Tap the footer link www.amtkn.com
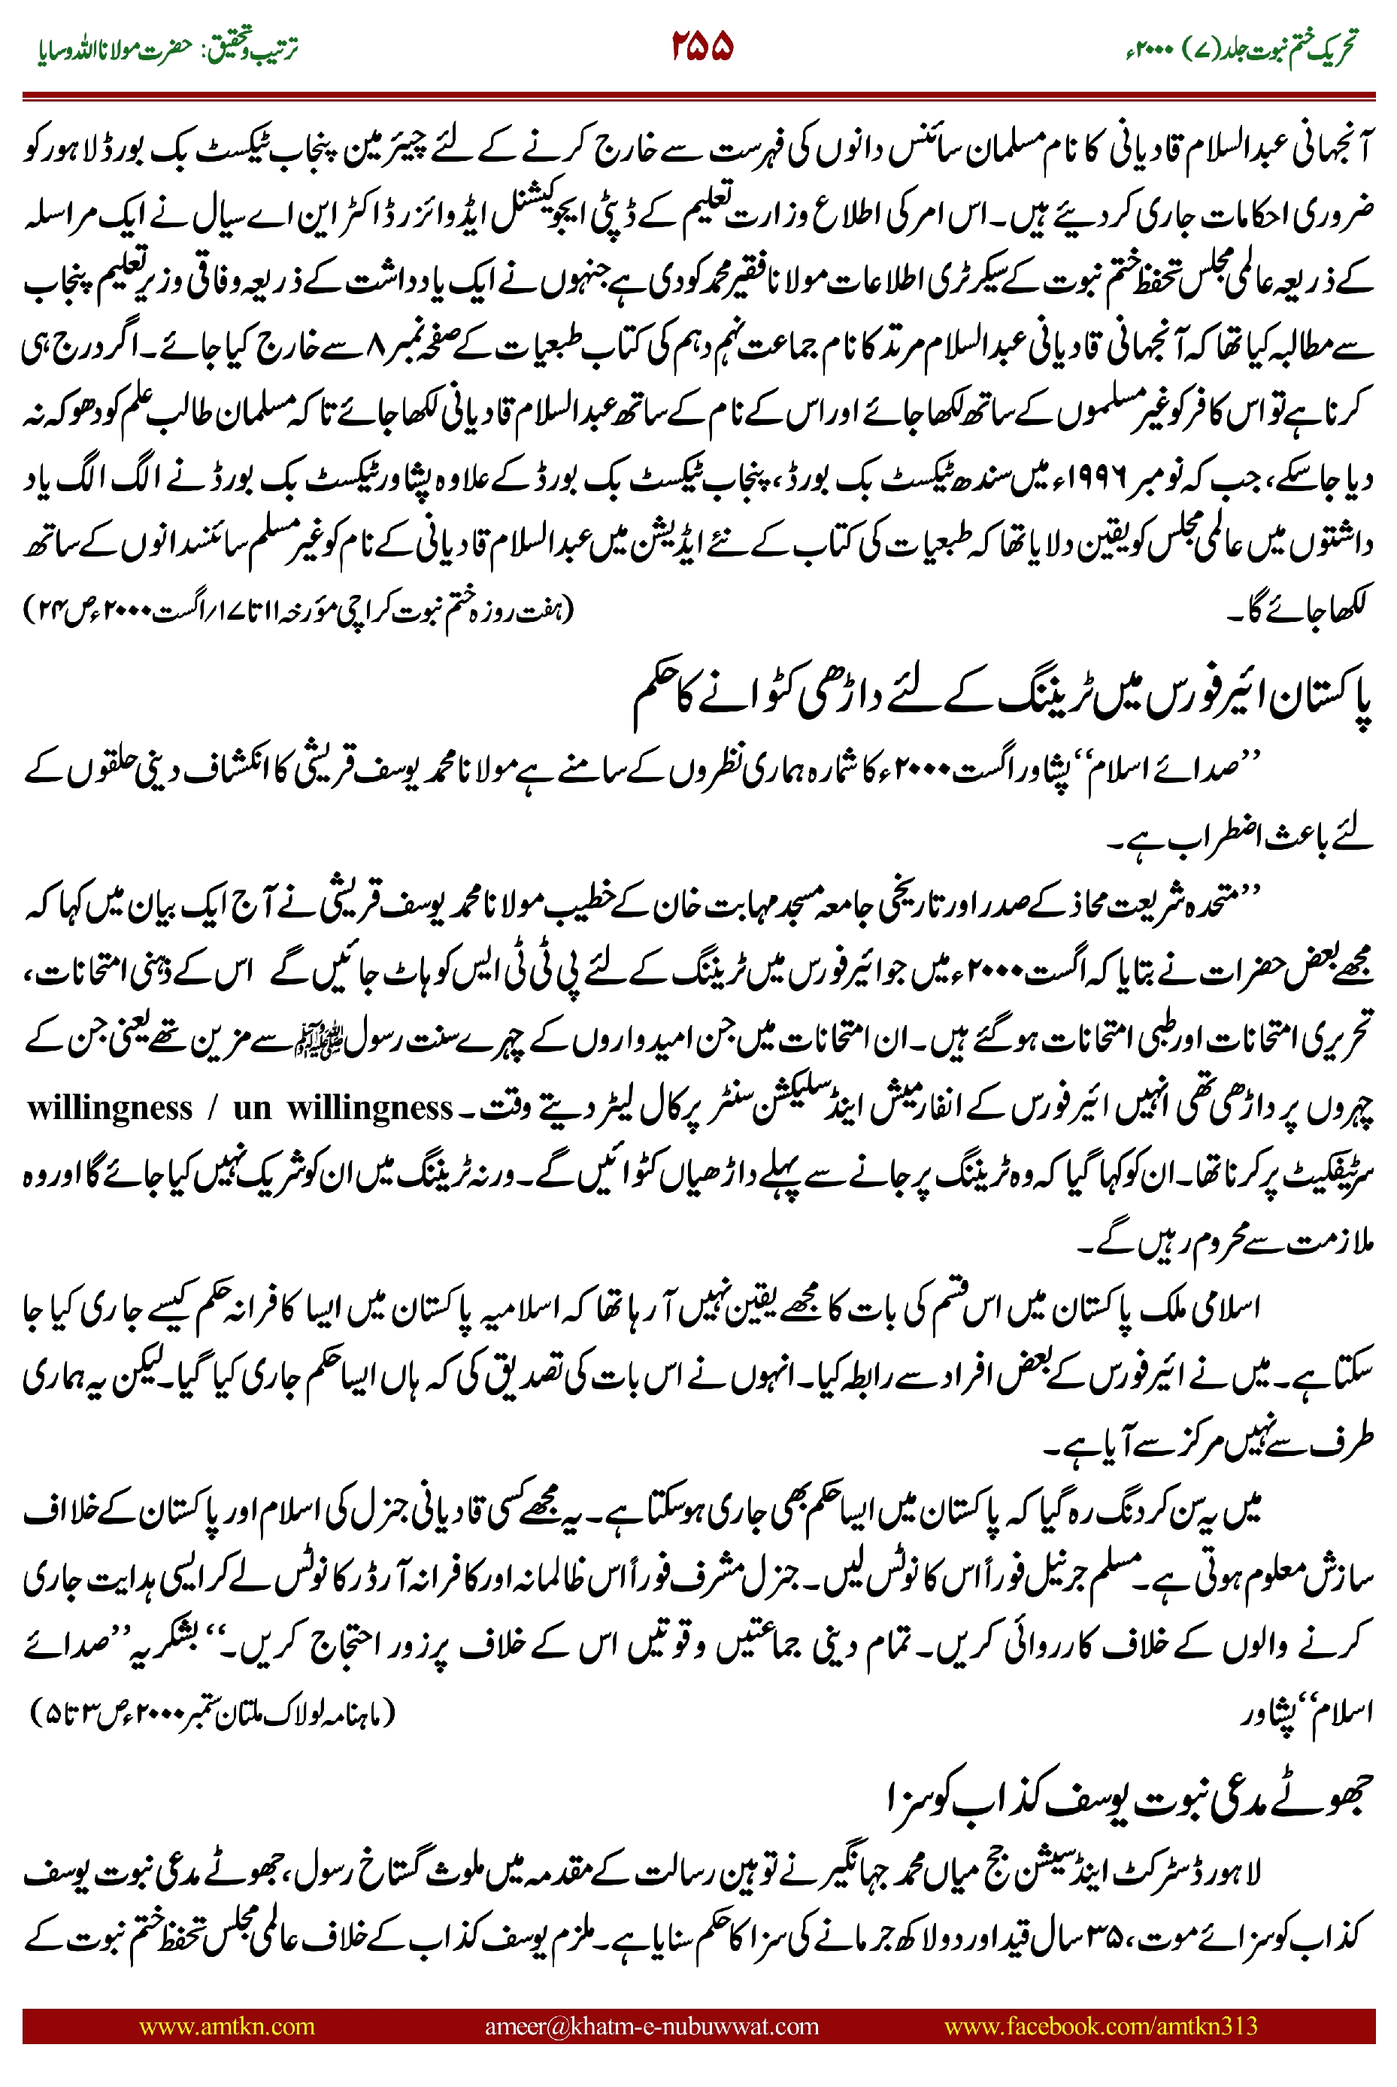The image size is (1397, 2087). click(x=226, y=2025)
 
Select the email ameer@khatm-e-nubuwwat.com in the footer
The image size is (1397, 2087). click(x=651, y=2025)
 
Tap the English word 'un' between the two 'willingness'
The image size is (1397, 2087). click(x=252, y=1109)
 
